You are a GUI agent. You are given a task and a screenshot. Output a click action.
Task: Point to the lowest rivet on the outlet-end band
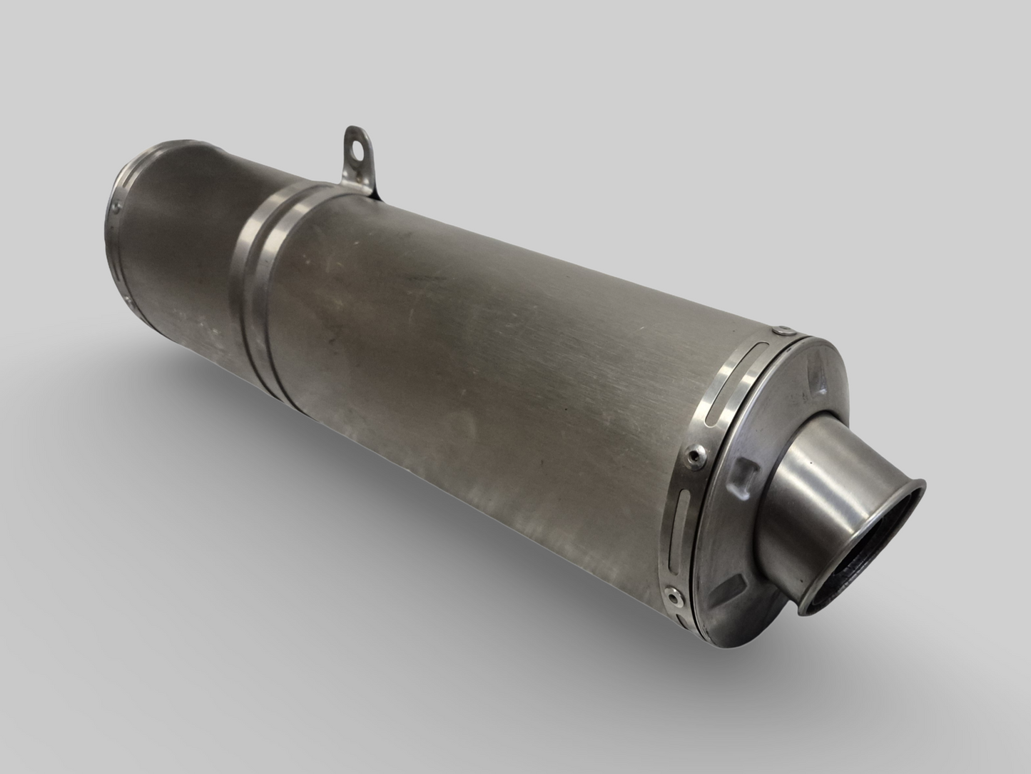pyautogui.click(x=670, y=592)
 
